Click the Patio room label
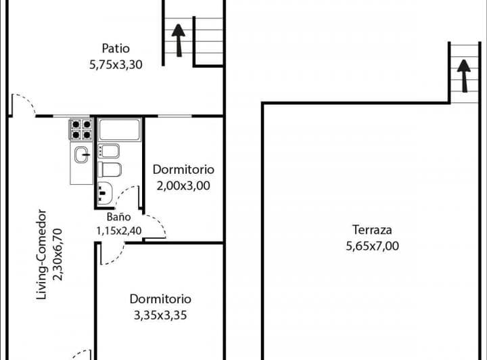116,49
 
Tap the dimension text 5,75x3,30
116,64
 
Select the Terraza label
372,230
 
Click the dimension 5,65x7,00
373,246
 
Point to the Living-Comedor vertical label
41,254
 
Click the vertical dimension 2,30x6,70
57,254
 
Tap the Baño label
118,217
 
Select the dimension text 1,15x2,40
118,231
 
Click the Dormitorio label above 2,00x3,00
183,170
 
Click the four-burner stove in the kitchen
81,129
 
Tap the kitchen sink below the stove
82,155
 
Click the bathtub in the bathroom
120,129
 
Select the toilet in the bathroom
110,170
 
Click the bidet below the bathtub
109,151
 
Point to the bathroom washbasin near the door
105,193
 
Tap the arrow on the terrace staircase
464,76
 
